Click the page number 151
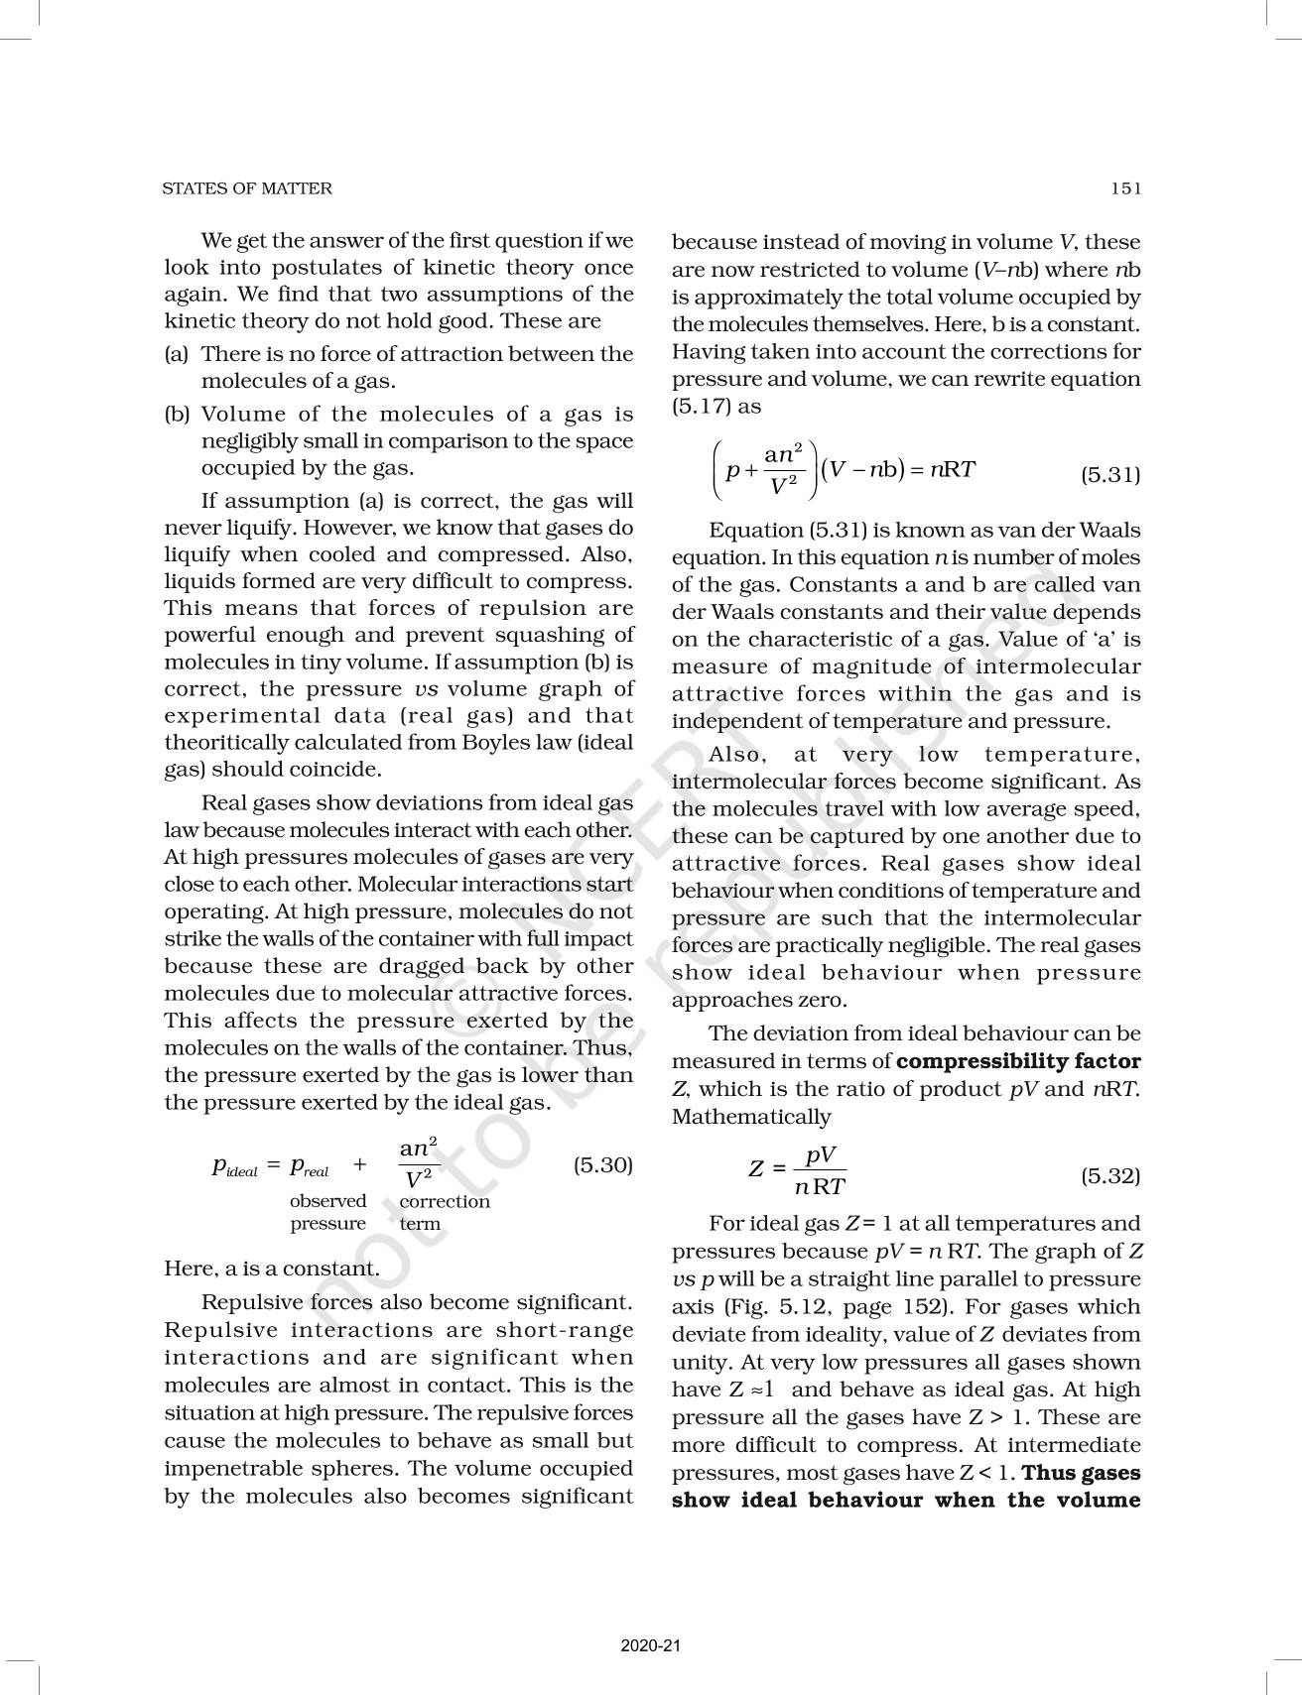click(1125, 188)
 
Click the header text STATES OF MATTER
click(247, 188)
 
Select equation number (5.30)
click(602, 1165)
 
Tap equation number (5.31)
click(1109, 475)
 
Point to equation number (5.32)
click(1109, 1176)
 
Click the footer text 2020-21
click(651, 1645)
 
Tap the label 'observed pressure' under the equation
click(327, 1212)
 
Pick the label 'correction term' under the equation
click(444, 1212)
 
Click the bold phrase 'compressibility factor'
click(1018, 1061)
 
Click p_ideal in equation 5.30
click(234, 1167)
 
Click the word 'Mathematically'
click(751, 1117)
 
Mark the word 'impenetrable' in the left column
click(224, 1468)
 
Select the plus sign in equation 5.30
click(359, 1166)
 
